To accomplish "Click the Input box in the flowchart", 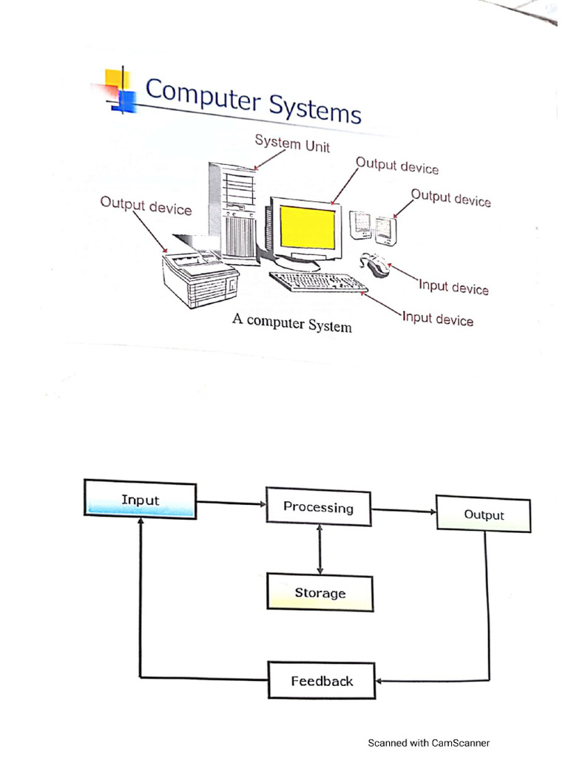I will point(141,500).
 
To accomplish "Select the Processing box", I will point(318,507).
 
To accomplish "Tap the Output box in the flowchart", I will point(484,515).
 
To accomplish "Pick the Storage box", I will point(319,593).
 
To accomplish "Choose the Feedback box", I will point(322,681).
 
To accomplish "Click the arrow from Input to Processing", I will point(231,503).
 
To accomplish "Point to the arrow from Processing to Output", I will point(404,510).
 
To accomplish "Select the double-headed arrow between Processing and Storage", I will point(319,550).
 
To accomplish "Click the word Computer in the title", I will point(201,96).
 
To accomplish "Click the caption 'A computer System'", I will point(292,322).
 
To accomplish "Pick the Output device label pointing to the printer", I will point(146,206).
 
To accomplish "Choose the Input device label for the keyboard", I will point(437,319).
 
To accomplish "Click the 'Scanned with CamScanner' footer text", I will point(429,743).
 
